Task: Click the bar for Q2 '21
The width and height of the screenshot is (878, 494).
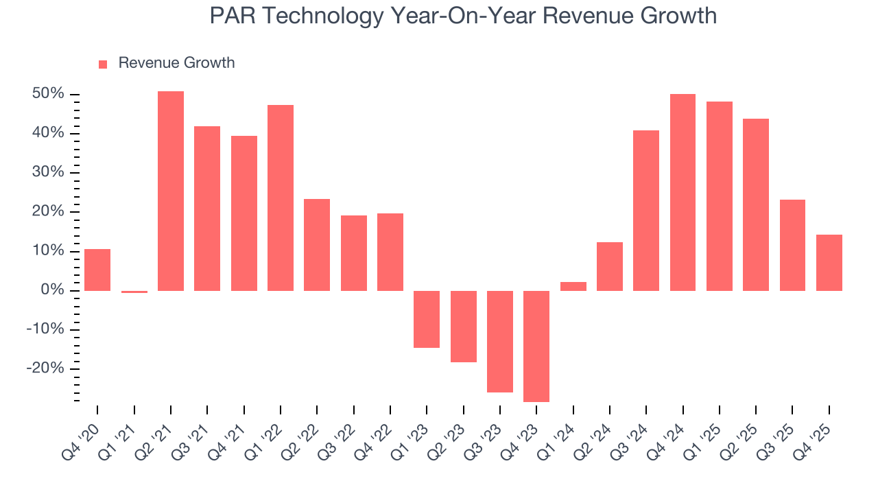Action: pos(171,191)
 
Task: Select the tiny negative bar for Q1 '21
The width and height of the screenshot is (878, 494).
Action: pos(134,292)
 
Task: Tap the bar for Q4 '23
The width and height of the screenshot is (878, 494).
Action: pos(536,346)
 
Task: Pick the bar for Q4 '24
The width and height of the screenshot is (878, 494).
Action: pos(683,192)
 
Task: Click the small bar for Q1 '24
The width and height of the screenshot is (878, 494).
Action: pos(573,286)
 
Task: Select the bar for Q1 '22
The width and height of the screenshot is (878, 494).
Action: pos(281,198)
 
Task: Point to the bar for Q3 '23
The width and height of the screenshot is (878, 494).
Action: pos(500,341)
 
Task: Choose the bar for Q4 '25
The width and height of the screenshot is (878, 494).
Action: pos(829,262)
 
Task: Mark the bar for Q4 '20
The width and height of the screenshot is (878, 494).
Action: pos(97,270)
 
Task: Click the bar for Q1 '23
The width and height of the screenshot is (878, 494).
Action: pos(427,319)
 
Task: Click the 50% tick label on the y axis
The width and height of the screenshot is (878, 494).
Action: pos(48,94)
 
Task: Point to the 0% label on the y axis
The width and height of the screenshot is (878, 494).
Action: pos(54,290)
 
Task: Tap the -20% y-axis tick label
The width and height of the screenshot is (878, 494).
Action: pos(46,368)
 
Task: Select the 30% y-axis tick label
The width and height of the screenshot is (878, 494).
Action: pos(48,172)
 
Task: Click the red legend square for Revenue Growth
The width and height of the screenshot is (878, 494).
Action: pos(103,64)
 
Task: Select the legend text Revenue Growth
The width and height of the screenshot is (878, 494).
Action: pos(176,63)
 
